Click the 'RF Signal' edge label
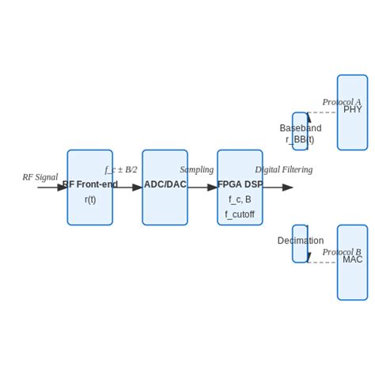(x=40, y=177)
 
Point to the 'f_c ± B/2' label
(x=121, y=169)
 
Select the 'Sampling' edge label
(x=196, y=169)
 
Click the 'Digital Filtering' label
(x=283, y=169)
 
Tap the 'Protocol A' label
(x=341, y=102)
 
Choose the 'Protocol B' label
(x=341, y=252)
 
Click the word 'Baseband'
(x=301, y=128)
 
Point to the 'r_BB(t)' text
(x=300, y=139)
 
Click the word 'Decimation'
(x=301, y=241)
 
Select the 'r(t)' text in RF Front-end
(x=90, y=199)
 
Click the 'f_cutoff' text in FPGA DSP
(x=240, y=214)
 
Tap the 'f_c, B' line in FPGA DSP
(x=240, y=199)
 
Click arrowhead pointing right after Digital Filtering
(x=288, y=187)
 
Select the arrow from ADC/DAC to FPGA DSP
(x=203, y=187)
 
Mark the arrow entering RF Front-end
(x=52, y=187)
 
